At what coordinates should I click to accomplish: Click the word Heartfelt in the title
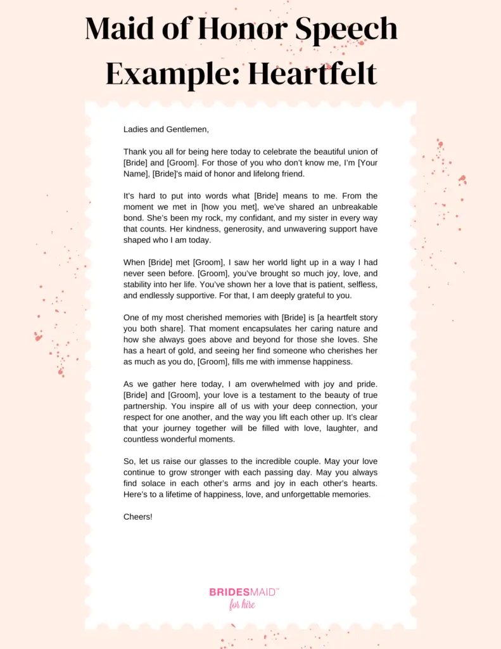pos(312,74)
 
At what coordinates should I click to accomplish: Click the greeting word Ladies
pos(137,129)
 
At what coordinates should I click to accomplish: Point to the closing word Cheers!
pos(138,517)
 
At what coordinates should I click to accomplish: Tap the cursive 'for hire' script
pos(243,605)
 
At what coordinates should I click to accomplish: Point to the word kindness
pos(212,229)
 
